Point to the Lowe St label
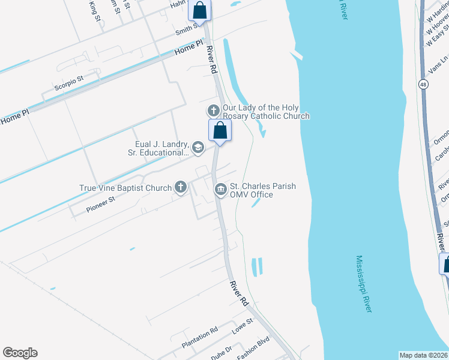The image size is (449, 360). [x=243, y=325]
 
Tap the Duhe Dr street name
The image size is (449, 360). [x=221, y=352]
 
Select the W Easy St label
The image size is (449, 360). [x=436, y=35]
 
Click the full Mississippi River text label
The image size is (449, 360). [x=364, y=284]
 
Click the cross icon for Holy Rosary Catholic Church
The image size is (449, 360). [x=213, y=110]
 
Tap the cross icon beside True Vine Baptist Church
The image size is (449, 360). [x=180, y=187]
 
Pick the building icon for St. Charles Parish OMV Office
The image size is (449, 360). [x=221, y=190]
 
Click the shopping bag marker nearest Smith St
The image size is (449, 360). [x=200, y=10]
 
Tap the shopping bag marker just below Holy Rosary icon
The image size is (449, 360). [x=220, y=130]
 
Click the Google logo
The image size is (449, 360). [x=20, y=353]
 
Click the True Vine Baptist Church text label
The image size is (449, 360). [x=126, y=188]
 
